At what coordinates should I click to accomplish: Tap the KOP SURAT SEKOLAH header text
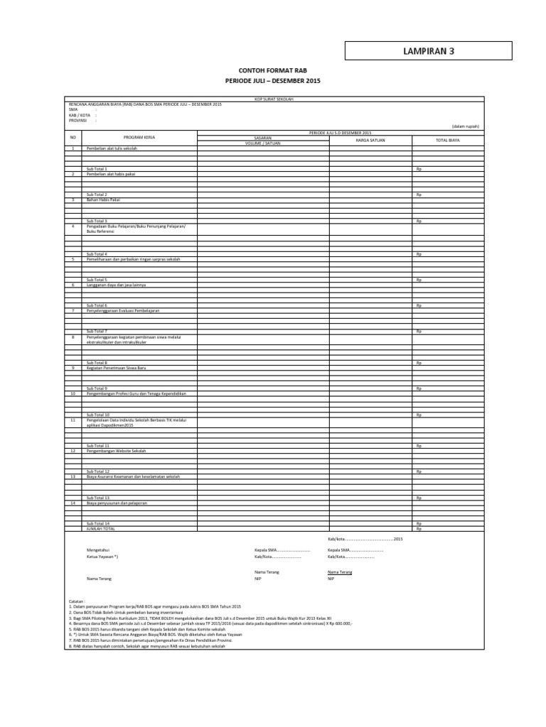tap(274, 100)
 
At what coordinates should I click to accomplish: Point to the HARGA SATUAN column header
tap(370, 140)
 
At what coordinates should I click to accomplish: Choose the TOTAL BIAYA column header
tap(448, 140)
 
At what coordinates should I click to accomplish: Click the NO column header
tap(72, 137)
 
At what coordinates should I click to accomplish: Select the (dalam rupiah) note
tap(466, 126)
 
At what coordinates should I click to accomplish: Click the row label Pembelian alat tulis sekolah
tap(112, 148)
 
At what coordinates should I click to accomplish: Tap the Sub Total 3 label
tap(97, 221)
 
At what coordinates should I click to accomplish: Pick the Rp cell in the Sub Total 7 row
tap(419, 331)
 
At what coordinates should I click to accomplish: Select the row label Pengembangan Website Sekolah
tap(116, 451)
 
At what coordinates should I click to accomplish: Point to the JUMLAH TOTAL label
tap(100, 528)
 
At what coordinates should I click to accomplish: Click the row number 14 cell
tap(72, 503)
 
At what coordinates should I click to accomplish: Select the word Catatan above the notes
tap(77, 601)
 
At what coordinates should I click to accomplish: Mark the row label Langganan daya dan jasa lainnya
tap(116, 284)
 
